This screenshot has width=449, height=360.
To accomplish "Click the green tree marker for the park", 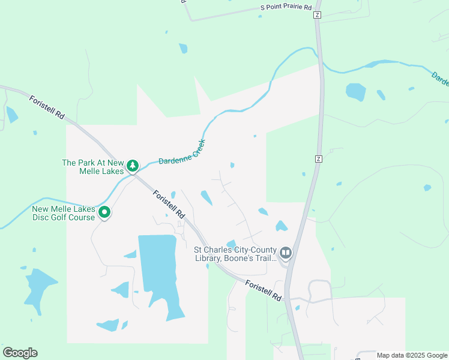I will point(132,166).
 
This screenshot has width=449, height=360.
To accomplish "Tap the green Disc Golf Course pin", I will point(104,212).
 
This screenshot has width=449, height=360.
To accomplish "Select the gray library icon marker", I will point(285,253).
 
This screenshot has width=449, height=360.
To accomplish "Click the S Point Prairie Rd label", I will point(286,8).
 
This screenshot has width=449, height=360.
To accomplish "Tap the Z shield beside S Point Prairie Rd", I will point(317,14).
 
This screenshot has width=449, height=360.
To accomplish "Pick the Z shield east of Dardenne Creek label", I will point(318,158).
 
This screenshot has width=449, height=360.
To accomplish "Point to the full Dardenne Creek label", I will point(182,154).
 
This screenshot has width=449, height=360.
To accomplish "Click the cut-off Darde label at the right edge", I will point(440,79).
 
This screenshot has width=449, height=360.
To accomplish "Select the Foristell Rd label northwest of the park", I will point(47,106).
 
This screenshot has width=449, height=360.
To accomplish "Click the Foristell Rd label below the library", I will point(264,289).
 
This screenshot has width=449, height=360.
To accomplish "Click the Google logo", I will point(20,352).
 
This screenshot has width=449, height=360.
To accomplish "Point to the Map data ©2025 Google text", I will point(412,355).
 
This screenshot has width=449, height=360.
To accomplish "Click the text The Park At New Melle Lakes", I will point(93,166).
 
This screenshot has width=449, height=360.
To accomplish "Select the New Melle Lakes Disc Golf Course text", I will point(64,212).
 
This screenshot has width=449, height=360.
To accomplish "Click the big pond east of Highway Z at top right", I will point(355,91).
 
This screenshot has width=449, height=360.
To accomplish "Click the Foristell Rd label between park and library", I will point(169,204).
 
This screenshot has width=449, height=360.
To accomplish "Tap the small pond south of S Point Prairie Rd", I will point(182,48).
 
